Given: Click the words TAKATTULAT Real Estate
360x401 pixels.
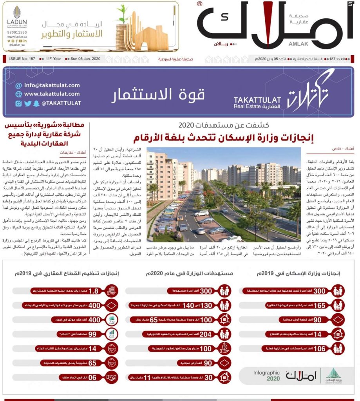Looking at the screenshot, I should pos(257,103).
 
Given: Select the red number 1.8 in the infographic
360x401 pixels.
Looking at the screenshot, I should pos(94,291).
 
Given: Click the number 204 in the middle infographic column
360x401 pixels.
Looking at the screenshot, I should pos(206,334).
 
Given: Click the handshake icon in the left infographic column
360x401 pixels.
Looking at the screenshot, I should pos(111,377).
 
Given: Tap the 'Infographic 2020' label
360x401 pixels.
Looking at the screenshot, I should pos(266,376).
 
